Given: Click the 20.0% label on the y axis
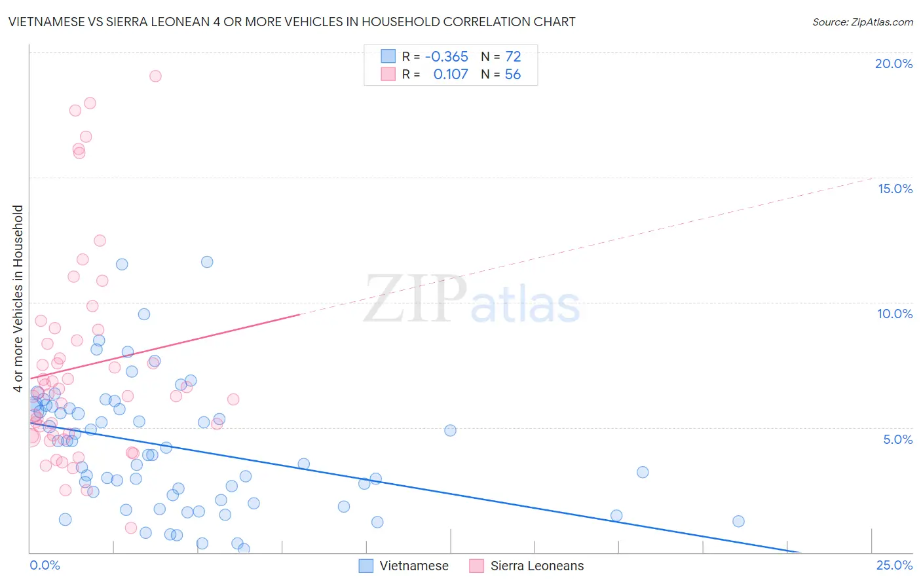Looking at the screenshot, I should click(893, 64).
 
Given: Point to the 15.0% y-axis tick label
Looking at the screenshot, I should click(895, 189).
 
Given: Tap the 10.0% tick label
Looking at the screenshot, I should click(895, 314).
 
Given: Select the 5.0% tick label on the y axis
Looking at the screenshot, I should click(897, 439).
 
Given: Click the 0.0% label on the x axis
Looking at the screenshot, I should click(45, 565).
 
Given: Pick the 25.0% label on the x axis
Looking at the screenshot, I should click(894, 565).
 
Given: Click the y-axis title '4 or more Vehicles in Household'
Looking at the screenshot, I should click(18, 299).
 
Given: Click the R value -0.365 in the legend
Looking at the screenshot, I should click(446, 56).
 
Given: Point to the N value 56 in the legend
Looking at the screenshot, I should click(512, 74).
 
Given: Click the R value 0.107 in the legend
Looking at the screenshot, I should click(451, 74).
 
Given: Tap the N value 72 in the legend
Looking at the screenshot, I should click(513, 56).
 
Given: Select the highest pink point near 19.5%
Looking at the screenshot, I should click(155, 76).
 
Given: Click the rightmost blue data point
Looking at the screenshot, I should click(738, 521).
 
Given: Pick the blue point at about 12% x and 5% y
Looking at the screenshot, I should click(450, 430).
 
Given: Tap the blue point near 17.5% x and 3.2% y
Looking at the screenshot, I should click(643, 472).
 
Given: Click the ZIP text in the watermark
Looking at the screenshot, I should click(415, 299).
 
